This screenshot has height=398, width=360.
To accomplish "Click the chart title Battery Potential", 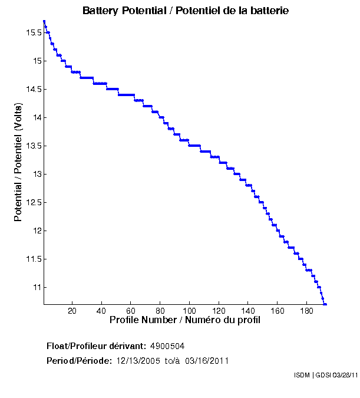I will pos(185,11).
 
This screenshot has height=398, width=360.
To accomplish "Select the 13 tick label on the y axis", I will pos(36,174).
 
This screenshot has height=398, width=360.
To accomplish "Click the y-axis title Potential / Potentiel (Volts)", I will pos(18,162).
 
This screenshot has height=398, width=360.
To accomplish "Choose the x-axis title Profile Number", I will pos(185,320).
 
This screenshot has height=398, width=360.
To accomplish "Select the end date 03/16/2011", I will pos(207,360).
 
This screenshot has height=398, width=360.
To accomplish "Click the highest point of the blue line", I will pos(44,21).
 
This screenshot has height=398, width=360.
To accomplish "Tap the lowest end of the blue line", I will pos(325,304).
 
